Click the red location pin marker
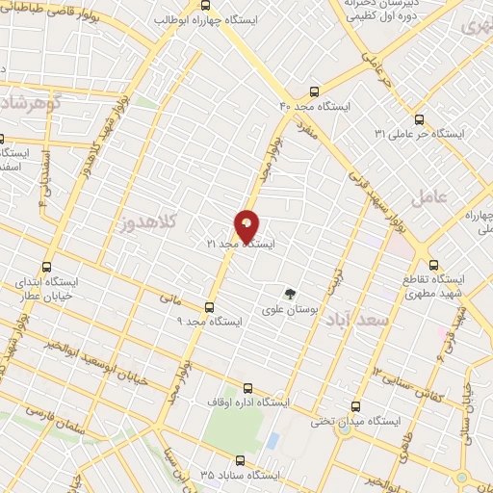tap(246, 226)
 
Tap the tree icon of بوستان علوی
tap(288, 294)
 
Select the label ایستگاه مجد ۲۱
tap(240, 246)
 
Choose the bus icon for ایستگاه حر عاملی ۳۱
tap(417, 119)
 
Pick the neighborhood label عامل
tap(429, 198)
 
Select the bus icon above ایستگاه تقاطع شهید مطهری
tap(432, 265)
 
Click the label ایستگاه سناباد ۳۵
tap(239, 475)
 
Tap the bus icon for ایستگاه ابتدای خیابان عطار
tap(46, 268)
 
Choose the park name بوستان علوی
tap(288, 310)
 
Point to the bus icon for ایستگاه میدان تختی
tap(356, 406)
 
